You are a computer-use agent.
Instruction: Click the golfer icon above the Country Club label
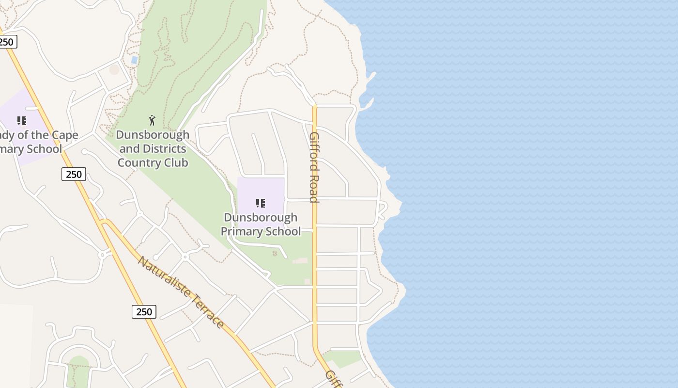click(x=153, y=120)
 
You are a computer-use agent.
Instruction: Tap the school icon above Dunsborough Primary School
click(x=261, y=203)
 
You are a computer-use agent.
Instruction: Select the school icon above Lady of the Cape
click(x=21, y=120)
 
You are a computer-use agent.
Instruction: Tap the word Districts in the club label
click(x=164, y=148)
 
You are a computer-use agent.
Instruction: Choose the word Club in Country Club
click(x=175, y=162)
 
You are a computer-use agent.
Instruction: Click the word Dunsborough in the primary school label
click(x=261, y=217)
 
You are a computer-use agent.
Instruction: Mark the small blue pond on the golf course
click(x=134, y=60)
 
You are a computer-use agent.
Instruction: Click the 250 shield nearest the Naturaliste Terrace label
click(x=144, y=312)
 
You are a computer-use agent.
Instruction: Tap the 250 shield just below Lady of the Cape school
click(x=74, y=174)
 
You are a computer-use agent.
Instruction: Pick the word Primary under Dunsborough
click(x=240, y=231)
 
